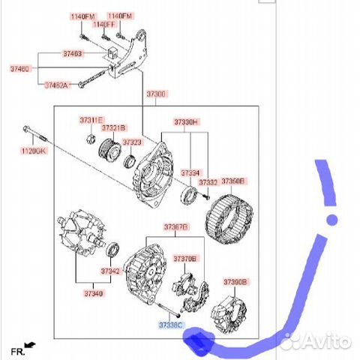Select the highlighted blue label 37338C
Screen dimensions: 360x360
tap(169, 325)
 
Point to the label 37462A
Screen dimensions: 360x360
tap(56, 85)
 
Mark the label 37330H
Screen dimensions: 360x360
tap(186, 121)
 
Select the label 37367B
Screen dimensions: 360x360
tap(176, 226)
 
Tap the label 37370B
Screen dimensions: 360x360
tap(184, 258)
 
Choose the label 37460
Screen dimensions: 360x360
tap(20, 68)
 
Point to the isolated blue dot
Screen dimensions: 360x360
tap(331, 220)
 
